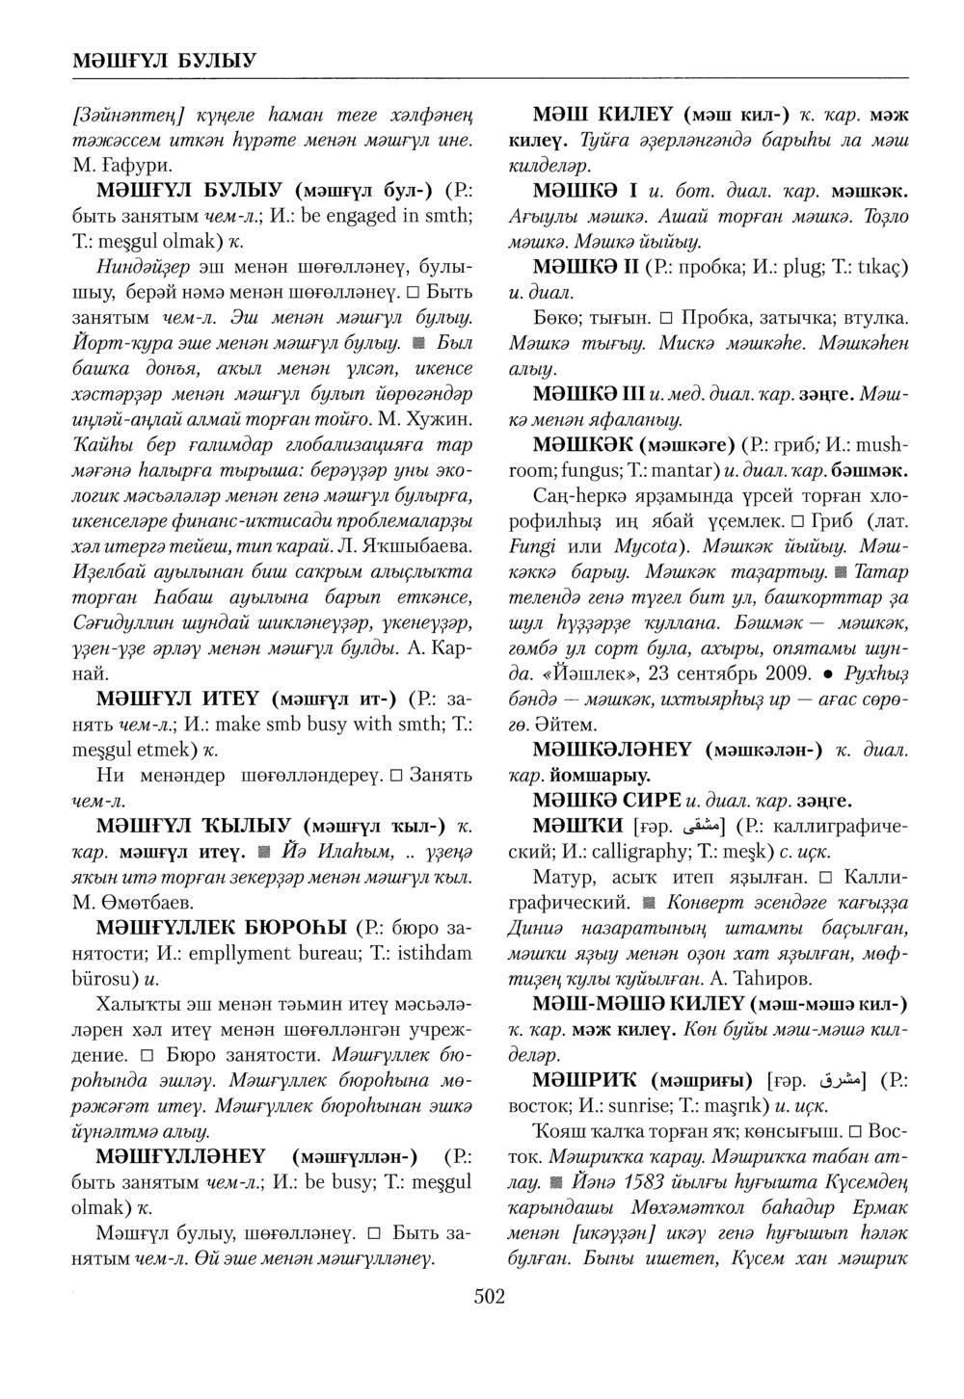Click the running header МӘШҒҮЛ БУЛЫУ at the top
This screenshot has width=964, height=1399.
click(164, 61)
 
